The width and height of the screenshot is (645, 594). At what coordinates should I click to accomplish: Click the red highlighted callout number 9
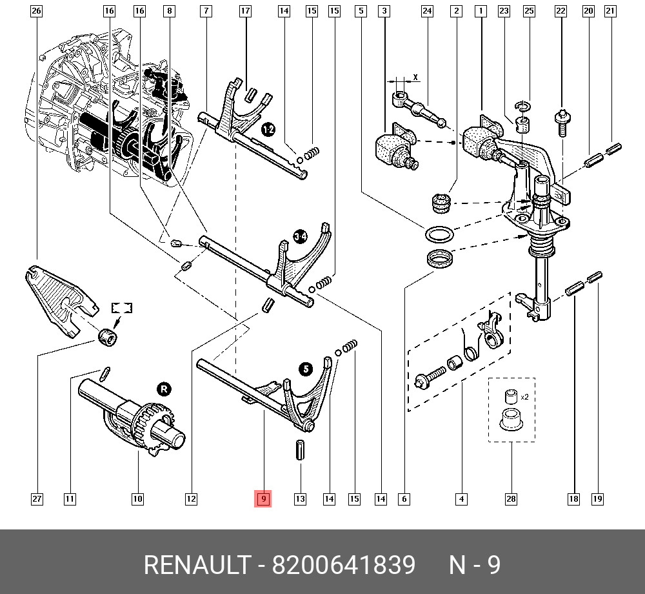(x=263, y=498)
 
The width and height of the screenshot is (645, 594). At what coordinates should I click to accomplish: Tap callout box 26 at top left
(x=36, y=11)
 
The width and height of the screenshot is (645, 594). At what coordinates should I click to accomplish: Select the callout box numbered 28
(x=511, y=498)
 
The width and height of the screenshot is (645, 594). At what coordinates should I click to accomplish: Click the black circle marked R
(x=164, y=389)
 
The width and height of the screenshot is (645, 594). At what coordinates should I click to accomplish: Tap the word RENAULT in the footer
(x=196, y=565)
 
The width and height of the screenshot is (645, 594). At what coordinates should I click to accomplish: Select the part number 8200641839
(x=343, y=565)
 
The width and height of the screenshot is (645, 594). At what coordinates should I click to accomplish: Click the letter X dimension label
(x=415, y=77)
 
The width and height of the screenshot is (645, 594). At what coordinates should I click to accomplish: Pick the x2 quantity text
(x=524, y=396)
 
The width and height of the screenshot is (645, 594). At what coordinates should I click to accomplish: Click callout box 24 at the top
(x=427, y=11)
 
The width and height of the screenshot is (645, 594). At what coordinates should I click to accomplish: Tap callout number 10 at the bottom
(x=137, y=498)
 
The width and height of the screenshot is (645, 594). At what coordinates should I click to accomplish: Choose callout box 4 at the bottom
(x=461, y=498)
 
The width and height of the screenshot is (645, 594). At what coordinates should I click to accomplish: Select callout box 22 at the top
(x=561, y=11)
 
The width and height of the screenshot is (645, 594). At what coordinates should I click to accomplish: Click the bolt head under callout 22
(x=562, y=117)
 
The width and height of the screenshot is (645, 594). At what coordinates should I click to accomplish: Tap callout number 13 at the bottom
(x=300, y=498)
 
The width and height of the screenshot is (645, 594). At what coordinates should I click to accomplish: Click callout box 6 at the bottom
(x=404, y=498)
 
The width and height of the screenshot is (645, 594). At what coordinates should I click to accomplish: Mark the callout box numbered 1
(x=480, y=11)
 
